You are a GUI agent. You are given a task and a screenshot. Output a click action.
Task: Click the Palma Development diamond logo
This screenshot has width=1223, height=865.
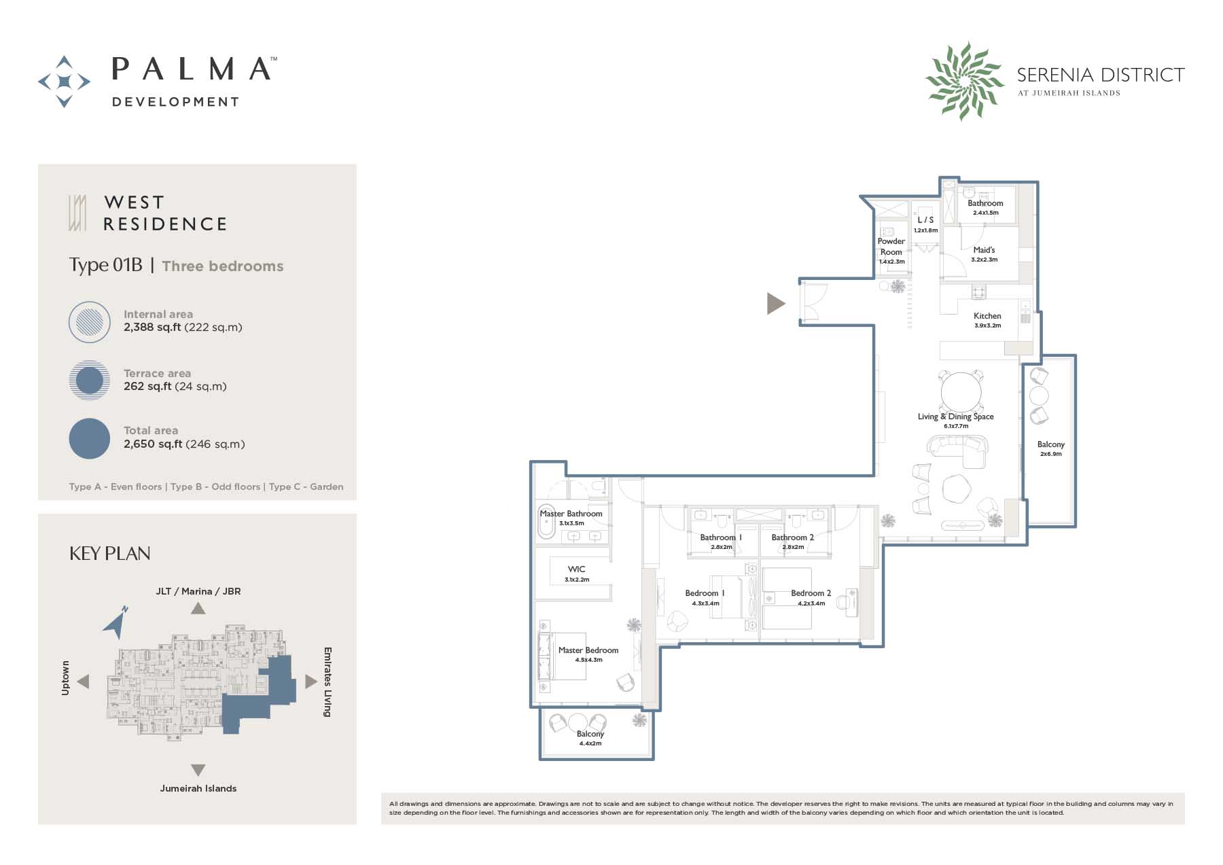64,82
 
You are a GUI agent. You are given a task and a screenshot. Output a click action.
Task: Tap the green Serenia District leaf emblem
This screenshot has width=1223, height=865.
964,81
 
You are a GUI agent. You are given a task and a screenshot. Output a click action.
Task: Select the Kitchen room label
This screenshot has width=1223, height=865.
987,316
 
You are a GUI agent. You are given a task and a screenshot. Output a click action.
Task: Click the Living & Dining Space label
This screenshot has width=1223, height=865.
955,417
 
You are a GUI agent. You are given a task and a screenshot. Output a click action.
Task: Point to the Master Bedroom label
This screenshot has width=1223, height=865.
588,650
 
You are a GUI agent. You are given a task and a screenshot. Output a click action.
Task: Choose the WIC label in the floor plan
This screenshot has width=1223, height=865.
577,569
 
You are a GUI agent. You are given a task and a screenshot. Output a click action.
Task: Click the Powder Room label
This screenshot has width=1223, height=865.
891,247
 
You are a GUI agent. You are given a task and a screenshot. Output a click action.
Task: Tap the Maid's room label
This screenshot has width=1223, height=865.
984,250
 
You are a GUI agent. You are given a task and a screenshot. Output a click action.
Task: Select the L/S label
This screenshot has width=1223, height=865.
925,220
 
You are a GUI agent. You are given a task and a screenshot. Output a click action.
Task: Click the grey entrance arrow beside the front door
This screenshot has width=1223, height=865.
775,303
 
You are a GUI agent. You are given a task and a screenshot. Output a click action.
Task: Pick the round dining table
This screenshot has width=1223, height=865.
961,392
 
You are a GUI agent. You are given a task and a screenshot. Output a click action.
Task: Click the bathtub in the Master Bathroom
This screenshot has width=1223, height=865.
547,522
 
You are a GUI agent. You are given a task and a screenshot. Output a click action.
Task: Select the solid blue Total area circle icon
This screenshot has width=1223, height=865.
90,438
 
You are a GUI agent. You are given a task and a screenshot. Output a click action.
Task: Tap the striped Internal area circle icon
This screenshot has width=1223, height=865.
90,322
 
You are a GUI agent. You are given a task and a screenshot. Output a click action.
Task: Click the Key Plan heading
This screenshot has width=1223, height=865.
110,554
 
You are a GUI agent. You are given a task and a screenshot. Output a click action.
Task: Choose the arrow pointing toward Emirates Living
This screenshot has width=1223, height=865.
311,681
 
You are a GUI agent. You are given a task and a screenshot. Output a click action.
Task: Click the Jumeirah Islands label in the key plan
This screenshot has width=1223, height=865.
198,788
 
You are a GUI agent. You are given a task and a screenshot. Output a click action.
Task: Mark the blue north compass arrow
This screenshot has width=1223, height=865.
116,622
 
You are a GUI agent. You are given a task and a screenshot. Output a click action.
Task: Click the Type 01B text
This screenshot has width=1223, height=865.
106,265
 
